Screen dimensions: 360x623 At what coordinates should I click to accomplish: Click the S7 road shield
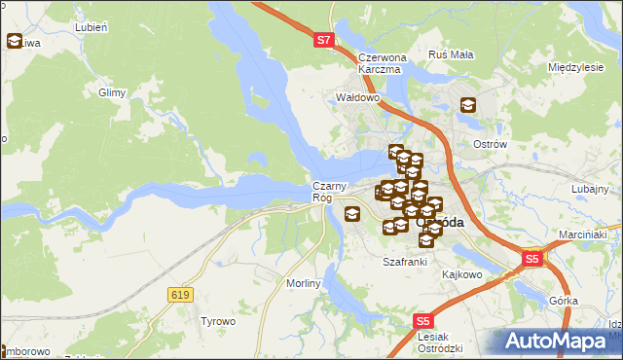point(325,41)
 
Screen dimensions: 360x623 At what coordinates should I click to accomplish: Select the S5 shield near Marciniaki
point(532,259)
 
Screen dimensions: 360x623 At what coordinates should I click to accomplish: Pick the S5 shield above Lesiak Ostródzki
point(422,320)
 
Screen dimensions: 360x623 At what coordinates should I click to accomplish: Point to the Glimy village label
point(113,92)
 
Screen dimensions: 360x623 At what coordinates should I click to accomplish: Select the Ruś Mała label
point(451,54)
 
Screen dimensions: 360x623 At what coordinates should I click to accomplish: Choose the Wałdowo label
point(356,97)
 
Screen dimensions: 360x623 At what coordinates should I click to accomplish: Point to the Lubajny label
point(590,189)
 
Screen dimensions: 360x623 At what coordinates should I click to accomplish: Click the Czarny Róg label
point(325,192)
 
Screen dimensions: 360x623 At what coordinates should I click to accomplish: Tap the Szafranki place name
point(405,262)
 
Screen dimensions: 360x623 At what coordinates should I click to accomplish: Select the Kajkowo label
point(462,274)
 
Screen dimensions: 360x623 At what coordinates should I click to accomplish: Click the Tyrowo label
point(217,321)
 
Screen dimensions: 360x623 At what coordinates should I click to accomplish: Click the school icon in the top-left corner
point(15,41)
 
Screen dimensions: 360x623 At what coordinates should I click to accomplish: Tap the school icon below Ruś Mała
point(467,105)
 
